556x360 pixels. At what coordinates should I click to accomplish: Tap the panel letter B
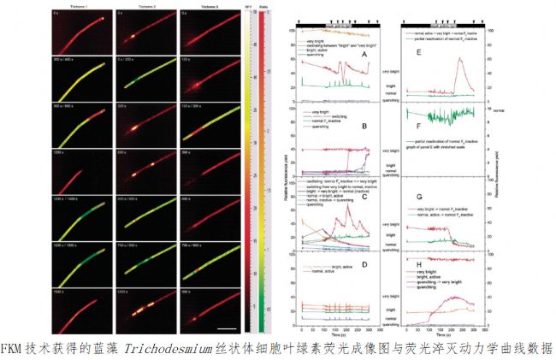(364, 126)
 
